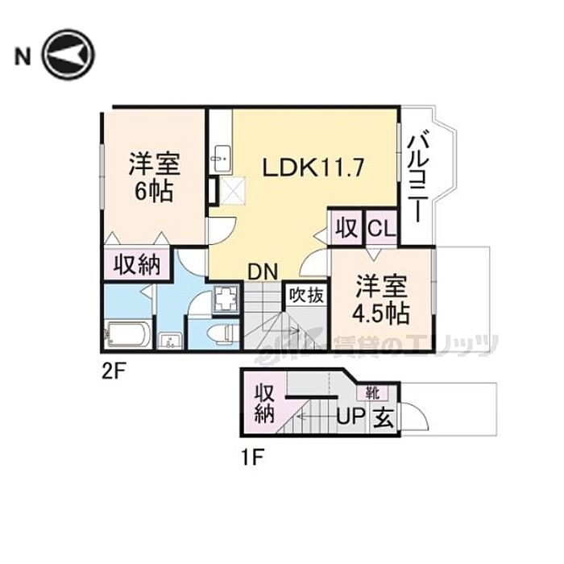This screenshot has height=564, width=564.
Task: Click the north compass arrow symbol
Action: (68, 55)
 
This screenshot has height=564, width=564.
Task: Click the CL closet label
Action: (382, 228)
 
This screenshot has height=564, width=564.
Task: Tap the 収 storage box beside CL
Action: (347, 228)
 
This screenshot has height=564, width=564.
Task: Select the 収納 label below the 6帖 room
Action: (135, 264)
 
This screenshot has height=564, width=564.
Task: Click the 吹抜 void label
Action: (307, 294)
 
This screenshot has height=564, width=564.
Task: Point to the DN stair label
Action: (263, 272)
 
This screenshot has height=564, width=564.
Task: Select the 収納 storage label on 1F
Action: (264, 404)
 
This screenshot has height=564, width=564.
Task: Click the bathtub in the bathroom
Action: (128, 335)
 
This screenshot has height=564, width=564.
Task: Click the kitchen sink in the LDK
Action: (220, 160)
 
